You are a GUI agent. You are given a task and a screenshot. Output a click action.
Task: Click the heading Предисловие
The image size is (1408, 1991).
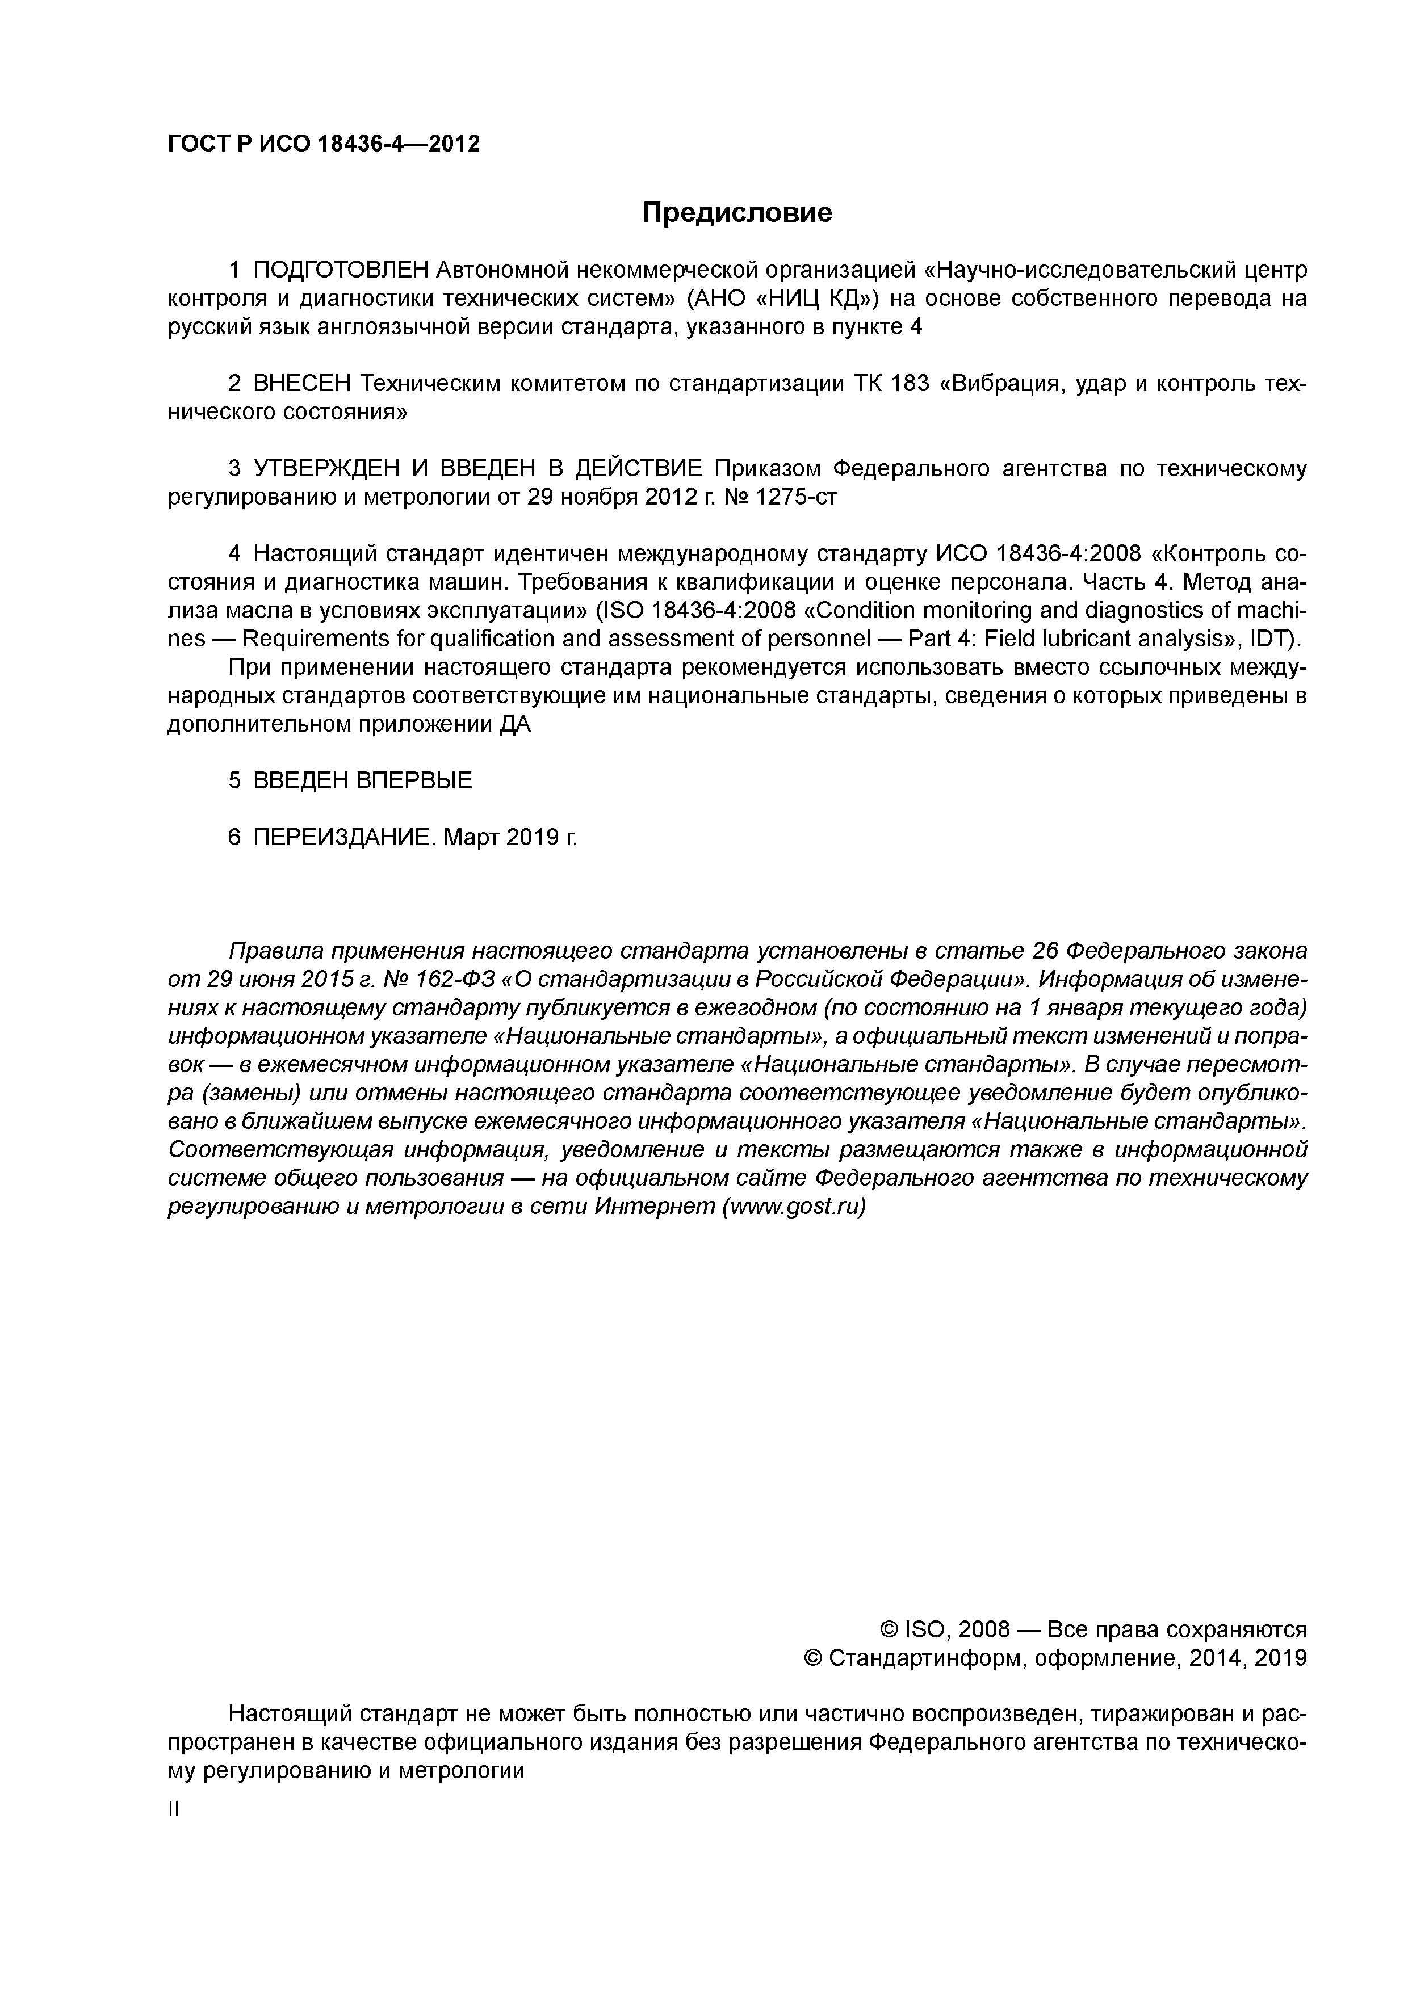736,212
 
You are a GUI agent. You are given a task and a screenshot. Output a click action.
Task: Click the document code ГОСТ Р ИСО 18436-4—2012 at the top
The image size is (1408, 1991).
322,144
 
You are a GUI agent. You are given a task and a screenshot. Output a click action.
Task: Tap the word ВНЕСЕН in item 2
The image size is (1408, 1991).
302,383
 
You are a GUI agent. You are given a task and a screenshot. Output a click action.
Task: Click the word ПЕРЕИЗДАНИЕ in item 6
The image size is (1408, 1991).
345,838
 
